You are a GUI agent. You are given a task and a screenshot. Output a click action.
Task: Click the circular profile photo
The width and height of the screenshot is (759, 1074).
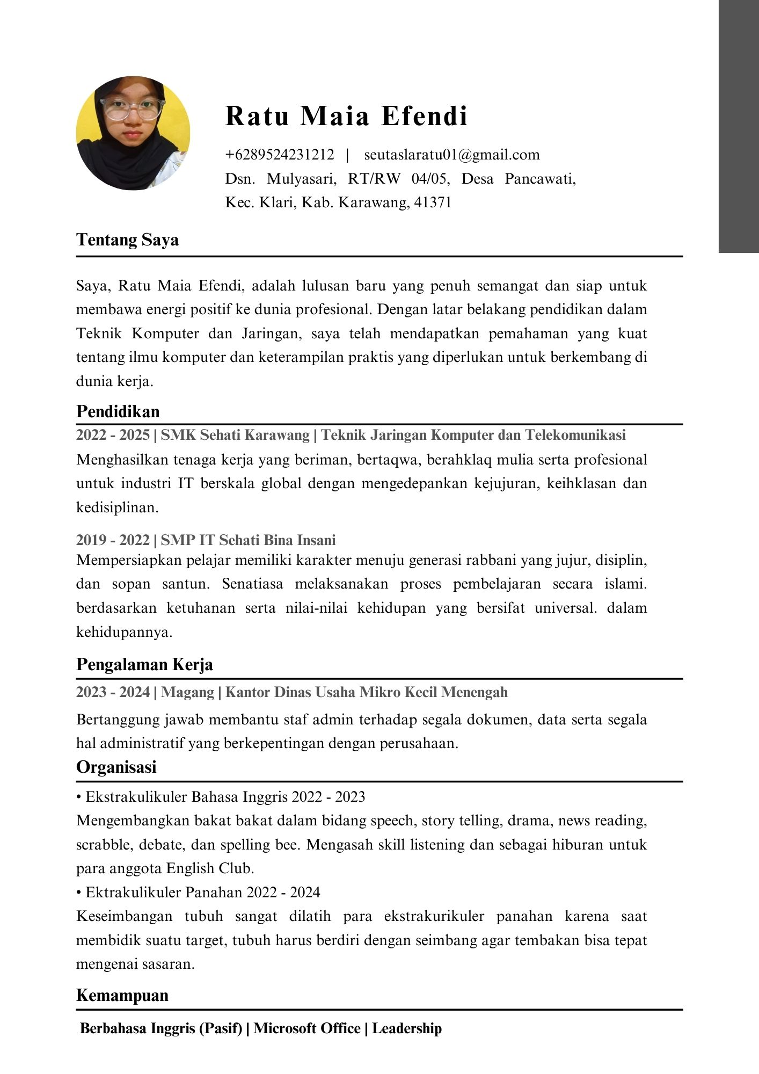pyautogui.click(x=133, y=133)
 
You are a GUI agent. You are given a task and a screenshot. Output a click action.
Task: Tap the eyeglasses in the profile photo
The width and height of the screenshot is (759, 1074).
pyautogui.click(x=133, y=109)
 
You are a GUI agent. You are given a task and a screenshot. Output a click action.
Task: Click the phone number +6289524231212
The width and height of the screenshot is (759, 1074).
pyautogui.click(x=280, y=155)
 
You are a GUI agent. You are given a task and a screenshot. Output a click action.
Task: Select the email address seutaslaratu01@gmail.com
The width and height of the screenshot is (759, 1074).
pyautogui.click(x=452, y=155)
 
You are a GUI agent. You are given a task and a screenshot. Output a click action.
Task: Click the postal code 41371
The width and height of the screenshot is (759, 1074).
pyautogui.click(x=433, y=202)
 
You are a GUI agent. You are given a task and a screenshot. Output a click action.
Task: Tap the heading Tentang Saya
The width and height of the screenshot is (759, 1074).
pyautogui.click(x=127, y=240)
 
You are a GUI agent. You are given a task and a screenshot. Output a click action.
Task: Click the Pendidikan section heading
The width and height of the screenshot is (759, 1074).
pyautogui.click(x=118, y=411)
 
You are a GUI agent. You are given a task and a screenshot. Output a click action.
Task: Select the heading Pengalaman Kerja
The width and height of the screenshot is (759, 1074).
pyautogui.click(x=144, y=664)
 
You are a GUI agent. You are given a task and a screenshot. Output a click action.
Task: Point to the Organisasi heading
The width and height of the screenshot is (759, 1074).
pyautogui.click(x=116, y=767)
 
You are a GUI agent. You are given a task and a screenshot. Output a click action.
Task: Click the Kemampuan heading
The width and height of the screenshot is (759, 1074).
pyautogui.click(x=122, y=995)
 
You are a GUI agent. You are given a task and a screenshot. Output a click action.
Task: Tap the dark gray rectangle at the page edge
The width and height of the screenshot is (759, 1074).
pyautogui.click(x=739, y=126)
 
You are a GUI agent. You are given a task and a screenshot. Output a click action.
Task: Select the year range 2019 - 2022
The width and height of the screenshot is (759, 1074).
pyautogui.click(x=113, y=540)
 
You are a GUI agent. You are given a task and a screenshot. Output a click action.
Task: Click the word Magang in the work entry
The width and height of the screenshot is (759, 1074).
pyautogui.click(x=187, y=692)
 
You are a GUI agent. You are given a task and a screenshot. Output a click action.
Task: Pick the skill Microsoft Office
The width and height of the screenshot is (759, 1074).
pyautogui.click(x=307, y=1028)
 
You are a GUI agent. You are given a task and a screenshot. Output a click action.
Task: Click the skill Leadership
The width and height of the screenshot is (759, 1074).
pyautogui.click(x=407, y=1028)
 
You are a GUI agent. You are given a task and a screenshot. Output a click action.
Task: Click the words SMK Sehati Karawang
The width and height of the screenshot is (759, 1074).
pyautogui.click(x=235, y=435)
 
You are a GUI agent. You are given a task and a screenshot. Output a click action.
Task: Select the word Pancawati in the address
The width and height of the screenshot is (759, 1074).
pyautogui.click(x=540, y=179)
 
